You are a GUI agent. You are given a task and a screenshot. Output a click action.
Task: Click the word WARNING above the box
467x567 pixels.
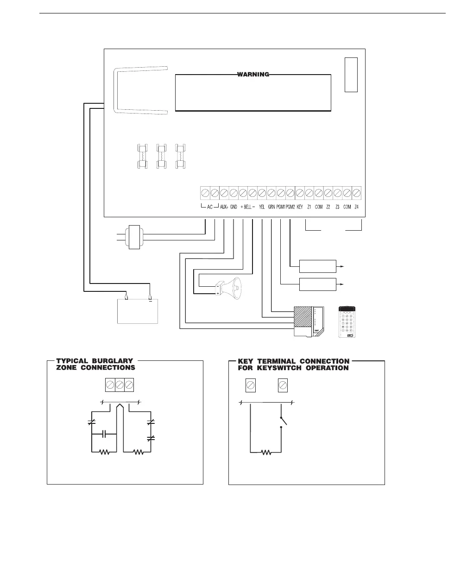(x=253, y=74)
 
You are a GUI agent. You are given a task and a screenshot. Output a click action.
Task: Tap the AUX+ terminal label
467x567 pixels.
(x=224, y=208)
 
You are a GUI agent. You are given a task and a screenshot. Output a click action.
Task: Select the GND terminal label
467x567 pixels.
(x=233, y=208)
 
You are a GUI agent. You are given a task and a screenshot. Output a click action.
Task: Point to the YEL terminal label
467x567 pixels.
(x=262, y=208)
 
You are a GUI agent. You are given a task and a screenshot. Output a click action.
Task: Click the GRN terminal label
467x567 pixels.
(x=271, y=208)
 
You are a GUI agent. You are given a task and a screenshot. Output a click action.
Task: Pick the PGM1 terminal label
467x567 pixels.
(x=281, y=208)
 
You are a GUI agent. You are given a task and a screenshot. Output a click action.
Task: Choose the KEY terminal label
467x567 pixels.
(x=299, y=208)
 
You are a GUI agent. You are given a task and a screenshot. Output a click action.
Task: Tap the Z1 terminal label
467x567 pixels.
(x=309, y=208)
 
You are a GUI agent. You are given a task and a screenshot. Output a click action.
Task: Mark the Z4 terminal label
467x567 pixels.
(x=356, y=208)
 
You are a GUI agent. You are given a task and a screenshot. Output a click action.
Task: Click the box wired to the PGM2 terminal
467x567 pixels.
(x=318, y=266)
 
